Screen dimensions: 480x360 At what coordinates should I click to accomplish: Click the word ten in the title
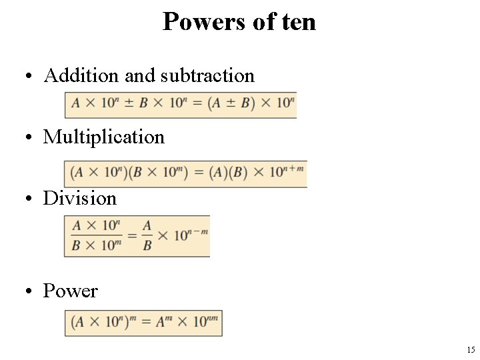coord(299,22)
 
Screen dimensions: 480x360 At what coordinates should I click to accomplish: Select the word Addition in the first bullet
coord(82,76)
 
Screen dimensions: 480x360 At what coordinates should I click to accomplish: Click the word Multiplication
coord(103,137)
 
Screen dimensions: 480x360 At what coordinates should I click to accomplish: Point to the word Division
coord(80,199)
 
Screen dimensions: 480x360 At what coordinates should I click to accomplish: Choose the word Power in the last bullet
coord(70,291)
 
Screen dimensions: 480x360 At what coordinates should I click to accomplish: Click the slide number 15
coord(471,350)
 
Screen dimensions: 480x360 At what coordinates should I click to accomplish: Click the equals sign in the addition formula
coord(197,105)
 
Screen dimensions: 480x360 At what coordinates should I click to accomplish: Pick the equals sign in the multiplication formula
coord(198,173)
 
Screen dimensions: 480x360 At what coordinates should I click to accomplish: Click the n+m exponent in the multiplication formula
coord(294,168)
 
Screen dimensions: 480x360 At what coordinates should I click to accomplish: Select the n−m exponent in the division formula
coord(198,231)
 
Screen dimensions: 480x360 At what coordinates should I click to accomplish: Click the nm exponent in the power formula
coord(213,317)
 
